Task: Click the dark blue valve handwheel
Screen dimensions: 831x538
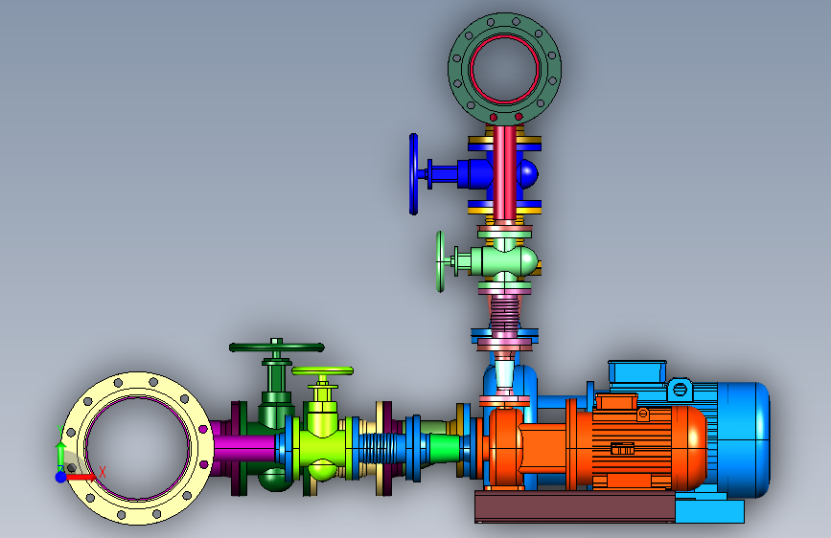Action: point(413,174)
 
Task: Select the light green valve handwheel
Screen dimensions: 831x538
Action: point(440,261)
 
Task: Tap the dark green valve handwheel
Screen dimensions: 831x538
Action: point(277,347)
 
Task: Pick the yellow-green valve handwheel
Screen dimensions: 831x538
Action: point(322,370)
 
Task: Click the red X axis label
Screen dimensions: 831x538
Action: point(102,472)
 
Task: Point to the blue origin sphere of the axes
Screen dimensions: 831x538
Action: point(61,477)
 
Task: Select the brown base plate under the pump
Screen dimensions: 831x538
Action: point(575,506)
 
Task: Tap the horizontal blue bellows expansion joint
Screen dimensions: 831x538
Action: point(378,447)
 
